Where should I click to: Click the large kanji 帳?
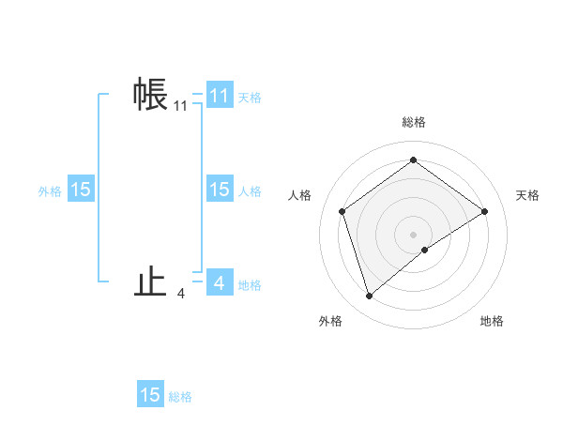click(151, 94)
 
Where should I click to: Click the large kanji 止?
click(151, 282)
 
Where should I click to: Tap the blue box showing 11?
click(220, 95)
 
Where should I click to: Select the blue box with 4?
click(220, 282)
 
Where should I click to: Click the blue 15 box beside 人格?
click(220, 190)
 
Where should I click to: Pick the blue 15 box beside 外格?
click(81, 190)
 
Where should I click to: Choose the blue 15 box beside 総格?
click(150, 394)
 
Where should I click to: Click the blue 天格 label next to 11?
click(250, 97)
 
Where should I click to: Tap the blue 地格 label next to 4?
click(250, 284)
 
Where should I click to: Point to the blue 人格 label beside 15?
click(250, 191)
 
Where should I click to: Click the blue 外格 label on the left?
click(50, 191)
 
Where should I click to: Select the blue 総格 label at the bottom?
click(180, 397)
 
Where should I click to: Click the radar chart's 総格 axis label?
click(414, 122)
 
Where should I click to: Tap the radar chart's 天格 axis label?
click(527, 195)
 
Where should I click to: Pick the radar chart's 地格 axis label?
click(492, 321)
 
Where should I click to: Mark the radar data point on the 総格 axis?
click(413, 160)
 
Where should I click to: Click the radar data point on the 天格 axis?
click(484, 211)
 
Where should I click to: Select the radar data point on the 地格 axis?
click(425, 250)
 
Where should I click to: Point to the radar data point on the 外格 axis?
click(369, 297)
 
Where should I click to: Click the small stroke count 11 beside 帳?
click(180, 107)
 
